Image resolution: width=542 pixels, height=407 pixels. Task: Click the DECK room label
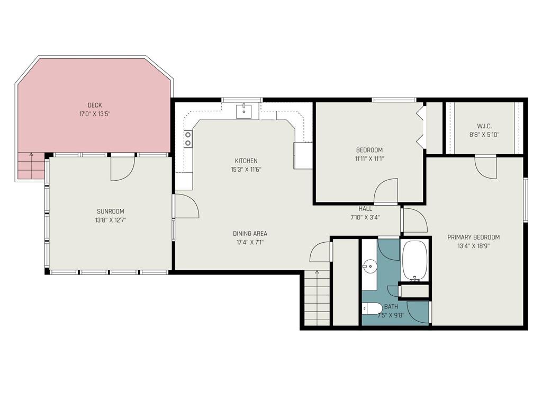coord(94,105)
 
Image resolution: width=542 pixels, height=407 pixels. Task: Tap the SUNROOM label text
coord(110,211)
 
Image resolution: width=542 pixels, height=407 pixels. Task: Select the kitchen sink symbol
coord(244,111)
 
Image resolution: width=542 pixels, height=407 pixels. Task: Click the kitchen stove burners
coord(188,139)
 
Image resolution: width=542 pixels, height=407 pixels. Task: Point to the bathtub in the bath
coord(415,260)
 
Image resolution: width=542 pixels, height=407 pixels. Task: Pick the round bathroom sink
coord(369,266)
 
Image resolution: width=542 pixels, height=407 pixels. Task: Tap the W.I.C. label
coord(484,126)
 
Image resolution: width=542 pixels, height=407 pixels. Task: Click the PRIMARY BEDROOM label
coord(473,237)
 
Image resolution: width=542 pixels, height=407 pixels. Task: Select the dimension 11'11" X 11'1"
coord(369,159)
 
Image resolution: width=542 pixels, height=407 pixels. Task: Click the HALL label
coord(365,209)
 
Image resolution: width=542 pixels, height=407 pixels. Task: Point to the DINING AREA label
coord(250,234)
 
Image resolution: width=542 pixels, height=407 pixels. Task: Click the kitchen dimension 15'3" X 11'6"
coord(246,170)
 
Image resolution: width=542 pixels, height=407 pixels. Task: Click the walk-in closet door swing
coord(486,168)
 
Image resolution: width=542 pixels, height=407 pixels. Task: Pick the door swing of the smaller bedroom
coord(386,190)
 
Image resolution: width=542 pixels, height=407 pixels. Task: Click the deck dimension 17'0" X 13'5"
coord(94,114)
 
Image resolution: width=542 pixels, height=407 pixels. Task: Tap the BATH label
coord(391,307)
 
